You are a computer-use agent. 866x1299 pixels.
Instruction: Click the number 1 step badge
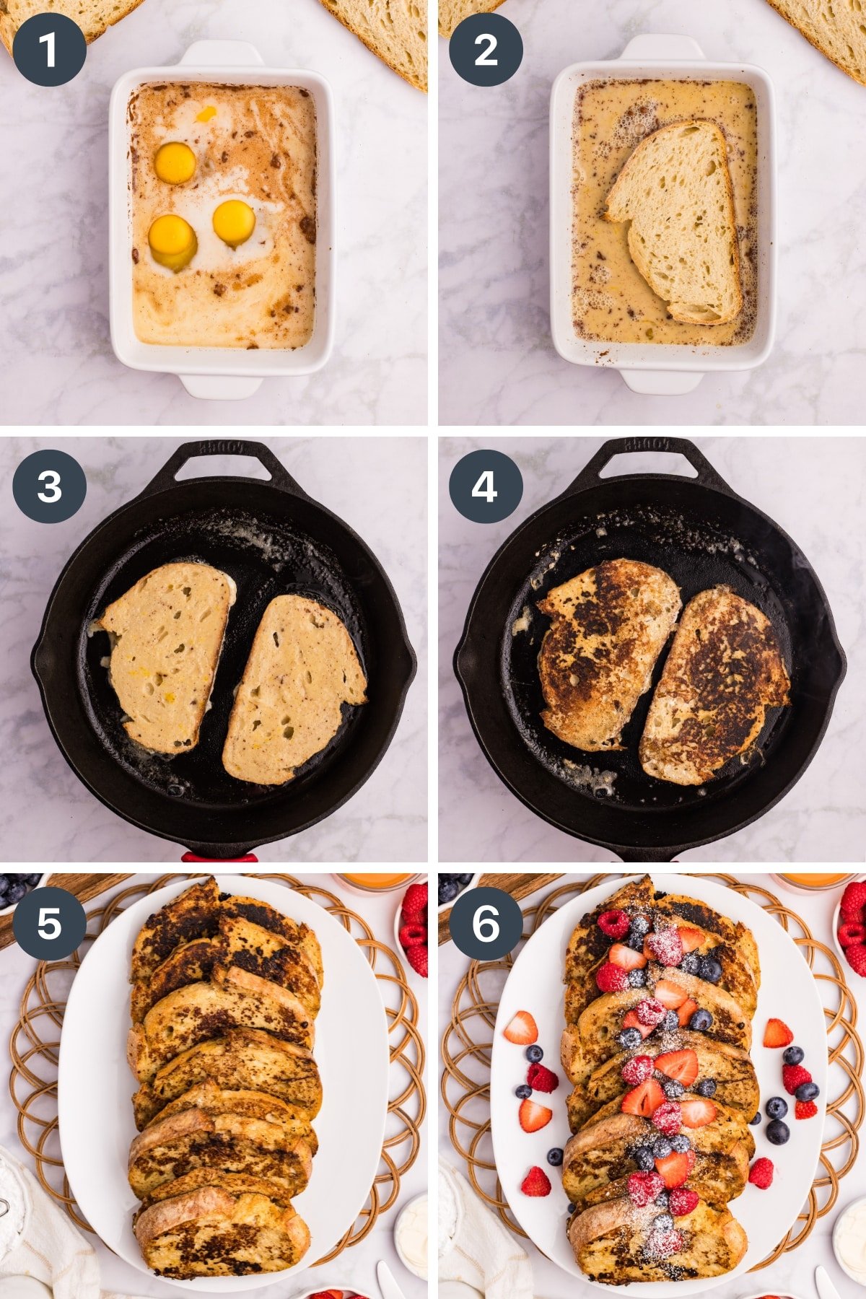point(49,50)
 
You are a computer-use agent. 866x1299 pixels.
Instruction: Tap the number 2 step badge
point(486,50)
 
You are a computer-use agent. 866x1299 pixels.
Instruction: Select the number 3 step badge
point(49,486)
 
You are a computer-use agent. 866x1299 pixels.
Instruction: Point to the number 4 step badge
point(486,486)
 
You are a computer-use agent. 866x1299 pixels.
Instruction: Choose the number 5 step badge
point(49,923)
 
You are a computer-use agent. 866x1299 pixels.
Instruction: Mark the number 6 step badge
point(486,923)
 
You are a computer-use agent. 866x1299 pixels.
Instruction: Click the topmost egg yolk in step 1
point(175,163)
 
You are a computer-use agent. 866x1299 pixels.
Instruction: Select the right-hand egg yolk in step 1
point(234,222)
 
